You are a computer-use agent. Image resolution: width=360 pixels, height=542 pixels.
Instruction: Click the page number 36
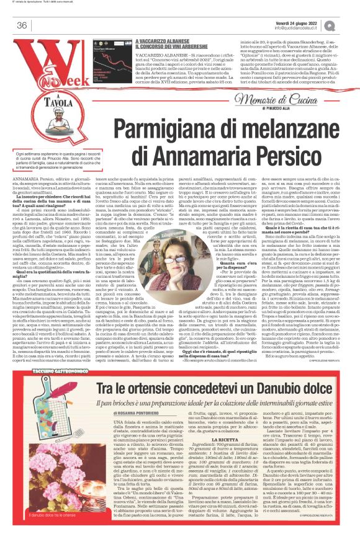click(x=22, y=25)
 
